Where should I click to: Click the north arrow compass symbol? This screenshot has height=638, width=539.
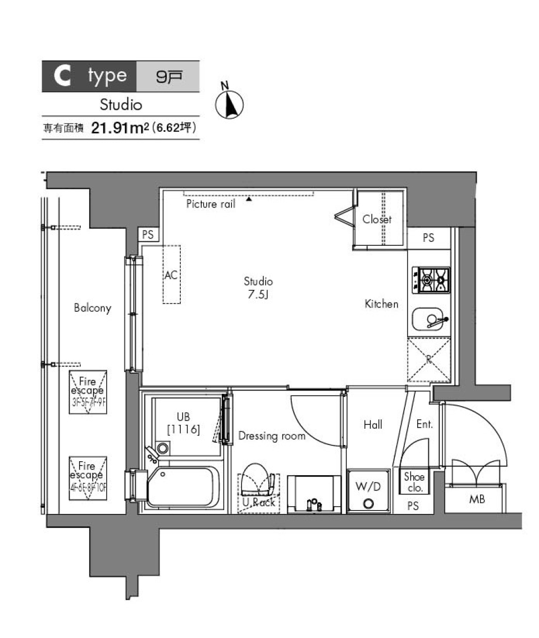coord(229,104)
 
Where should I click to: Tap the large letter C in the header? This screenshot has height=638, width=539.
coord(62,77)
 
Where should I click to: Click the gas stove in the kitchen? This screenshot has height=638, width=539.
coord(431,279)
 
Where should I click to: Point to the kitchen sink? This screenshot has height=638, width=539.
coord(430,320)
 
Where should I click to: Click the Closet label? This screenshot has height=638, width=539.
coord(377,219)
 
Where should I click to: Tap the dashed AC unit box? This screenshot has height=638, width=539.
coord(172,274)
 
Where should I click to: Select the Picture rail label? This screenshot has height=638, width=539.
coord(211,204)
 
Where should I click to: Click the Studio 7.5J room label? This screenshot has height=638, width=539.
coord(258,288)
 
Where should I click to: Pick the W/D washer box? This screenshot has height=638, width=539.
coord(368,490)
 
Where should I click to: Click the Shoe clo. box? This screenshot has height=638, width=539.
coord(415,482)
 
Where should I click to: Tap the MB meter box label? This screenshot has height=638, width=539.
coord(477,499)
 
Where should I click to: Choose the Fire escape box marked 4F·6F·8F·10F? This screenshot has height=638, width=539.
coord(88,478)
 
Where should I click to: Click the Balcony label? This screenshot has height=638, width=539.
coord(93,308)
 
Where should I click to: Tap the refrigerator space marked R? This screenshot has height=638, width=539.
coord(429,360)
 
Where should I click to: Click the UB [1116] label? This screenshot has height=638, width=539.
coord(184,424)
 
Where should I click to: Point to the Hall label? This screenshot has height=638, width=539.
coord(373,425)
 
